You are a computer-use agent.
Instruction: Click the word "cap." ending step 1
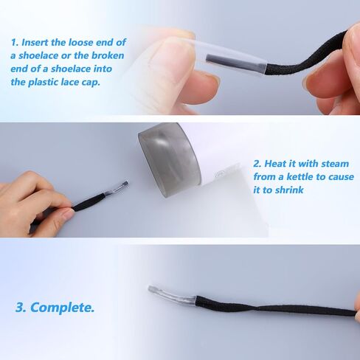91,83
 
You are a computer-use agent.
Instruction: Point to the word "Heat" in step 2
275,164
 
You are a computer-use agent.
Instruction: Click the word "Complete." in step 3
63,308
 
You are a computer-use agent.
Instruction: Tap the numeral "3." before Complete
21,308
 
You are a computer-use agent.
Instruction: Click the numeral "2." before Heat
257,164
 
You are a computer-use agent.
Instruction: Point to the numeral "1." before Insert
15,43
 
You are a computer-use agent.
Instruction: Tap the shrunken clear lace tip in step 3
172,294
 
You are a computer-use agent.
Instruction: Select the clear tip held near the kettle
117,188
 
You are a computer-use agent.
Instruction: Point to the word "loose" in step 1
80,42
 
